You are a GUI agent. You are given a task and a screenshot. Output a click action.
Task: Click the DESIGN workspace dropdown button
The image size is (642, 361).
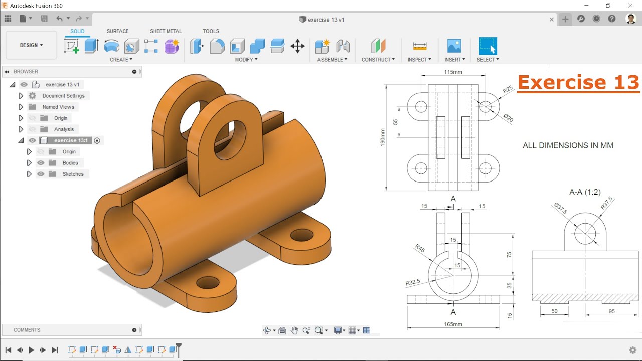(31, 45)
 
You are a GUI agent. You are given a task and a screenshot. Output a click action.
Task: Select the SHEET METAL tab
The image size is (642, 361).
(166, 31)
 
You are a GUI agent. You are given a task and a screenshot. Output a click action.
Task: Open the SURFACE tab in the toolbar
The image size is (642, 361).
(117, 31)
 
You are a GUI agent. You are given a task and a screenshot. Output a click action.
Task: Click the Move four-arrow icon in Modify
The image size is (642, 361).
(297, 46)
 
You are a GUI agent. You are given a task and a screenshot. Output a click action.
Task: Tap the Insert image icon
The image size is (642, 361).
(454, 46)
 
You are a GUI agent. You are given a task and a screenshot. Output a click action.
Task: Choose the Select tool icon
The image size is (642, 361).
(488, 46)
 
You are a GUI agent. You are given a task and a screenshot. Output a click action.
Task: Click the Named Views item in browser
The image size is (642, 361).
(58, 107)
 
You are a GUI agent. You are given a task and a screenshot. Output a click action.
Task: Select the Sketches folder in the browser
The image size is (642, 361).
(73, 174)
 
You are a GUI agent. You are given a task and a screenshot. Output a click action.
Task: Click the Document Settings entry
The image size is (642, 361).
(63, 96)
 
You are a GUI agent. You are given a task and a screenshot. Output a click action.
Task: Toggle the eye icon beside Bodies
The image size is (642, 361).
(41, 163)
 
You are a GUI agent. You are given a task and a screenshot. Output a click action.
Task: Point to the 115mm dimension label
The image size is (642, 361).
(453, 72)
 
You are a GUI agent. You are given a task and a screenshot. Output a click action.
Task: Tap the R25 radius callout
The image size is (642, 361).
(508, 89)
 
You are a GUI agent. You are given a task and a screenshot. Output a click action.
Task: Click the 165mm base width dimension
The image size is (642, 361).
(453, 324)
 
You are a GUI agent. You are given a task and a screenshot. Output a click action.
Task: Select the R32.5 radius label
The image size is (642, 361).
(413, 283)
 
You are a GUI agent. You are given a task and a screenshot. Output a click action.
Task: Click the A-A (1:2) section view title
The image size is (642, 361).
(585, 192)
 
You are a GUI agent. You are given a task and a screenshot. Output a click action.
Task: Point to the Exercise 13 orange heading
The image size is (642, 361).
(578, 82)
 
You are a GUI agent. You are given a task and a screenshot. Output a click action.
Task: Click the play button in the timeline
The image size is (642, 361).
(31, 350)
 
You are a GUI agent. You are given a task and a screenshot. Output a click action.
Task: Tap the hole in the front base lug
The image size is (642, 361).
(207, 282)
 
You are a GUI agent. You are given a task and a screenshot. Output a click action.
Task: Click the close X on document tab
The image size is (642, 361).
(552, 20)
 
